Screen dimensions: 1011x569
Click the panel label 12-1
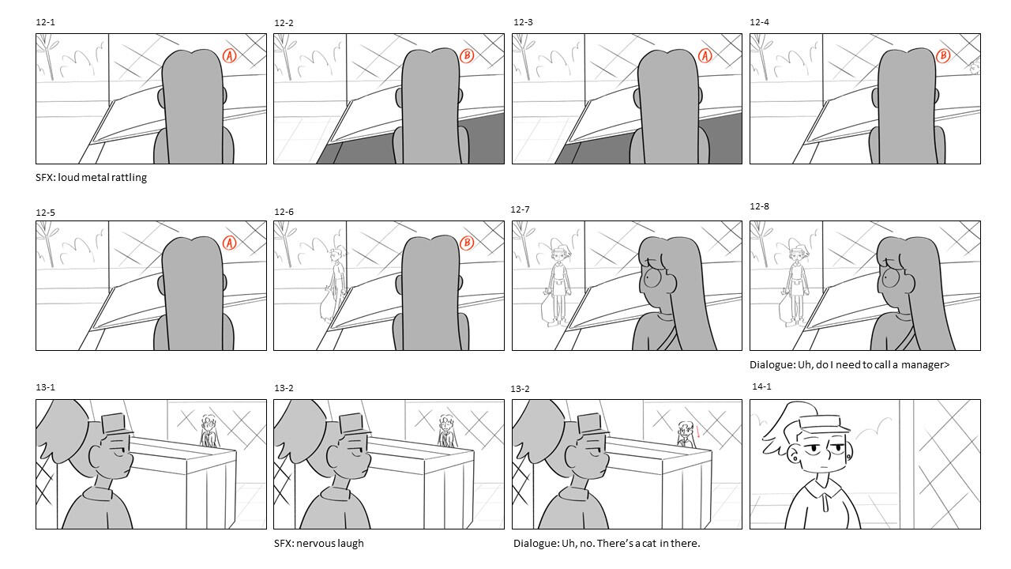pyautogui.click(x=45, y=22)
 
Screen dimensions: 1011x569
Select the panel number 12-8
pyautogui.click(x=759, y=206)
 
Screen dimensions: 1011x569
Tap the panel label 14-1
pyautogui.click(x=761, y=386)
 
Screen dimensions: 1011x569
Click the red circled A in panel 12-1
pyautogui.click(x=229, y=56)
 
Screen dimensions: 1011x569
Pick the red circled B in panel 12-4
pyautogui.click(x=943, y=56)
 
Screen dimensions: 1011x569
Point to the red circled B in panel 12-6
pyautogui.click(x=467, y=243)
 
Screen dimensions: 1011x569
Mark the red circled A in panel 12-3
pyautogui.click(x=705, y=56)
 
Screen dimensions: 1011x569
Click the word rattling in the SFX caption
pyautogui.click(x=130, y=178)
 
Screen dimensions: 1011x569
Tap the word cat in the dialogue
pyautogui.click(x=649, y=543)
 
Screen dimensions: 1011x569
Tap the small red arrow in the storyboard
pyautogui.click(x=697, y=431)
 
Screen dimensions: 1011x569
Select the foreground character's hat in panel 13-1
pyautogui.click(x=116, y=424)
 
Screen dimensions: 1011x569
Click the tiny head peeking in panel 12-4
pyautogui.click(x=975, y=67)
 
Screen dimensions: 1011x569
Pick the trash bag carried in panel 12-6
pyautogui.click(x=327, y=307)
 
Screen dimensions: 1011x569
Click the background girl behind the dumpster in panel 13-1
pyautogui.click(x=209, y=431)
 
